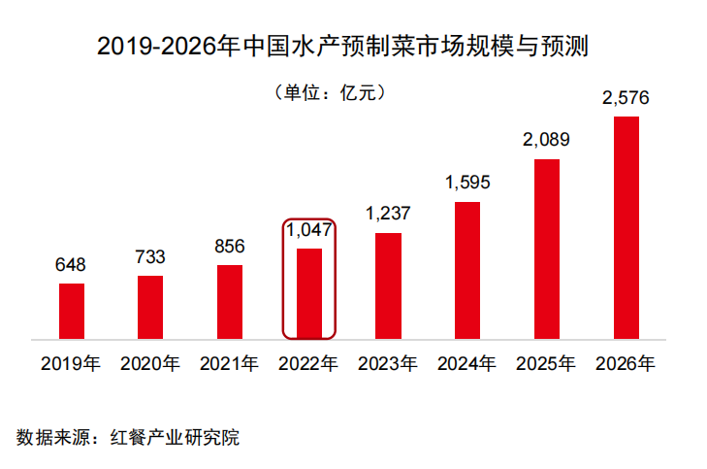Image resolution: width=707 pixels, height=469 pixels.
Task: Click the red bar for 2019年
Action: [x=72, y=312]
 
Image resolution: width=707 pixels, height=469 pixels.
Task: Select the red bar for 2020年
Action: [x=150, y=308]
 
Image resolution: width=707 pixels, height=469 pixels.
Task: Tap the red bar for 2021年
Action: [x=230, y=302]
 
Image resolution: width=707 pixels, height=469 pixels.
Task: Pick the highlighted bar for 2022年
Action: [x=308, y=294]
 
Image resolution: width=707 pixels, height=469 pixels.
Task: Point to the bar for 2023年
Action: [x=388, y=286]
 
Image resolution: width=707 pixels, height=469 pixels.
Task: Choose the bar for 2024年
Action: [x=467, y=271]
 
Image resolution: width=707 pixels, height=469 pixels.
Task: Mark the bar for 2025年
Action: [x=547, y=250]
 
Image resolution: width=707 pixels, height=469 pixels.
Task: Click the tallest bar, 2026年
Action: [x=627, y=228]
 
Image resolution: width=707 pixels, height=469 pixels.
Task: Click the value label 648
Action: [x=72, y=264]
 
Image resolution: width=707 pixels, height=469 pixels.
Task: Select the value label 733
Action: [x=150, y=256]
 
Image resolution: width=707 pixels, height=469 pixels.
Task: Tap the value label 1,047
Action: [x=308, y=230]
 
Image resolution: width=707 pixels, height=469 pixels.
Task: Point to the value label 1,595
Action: [x=467, y=182]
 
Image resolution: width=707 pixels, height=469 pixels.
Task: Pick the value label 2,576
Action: [x=626, y=97]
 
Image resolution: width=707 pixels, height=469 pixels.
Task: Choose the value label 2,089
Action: [x=546, y=139]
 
